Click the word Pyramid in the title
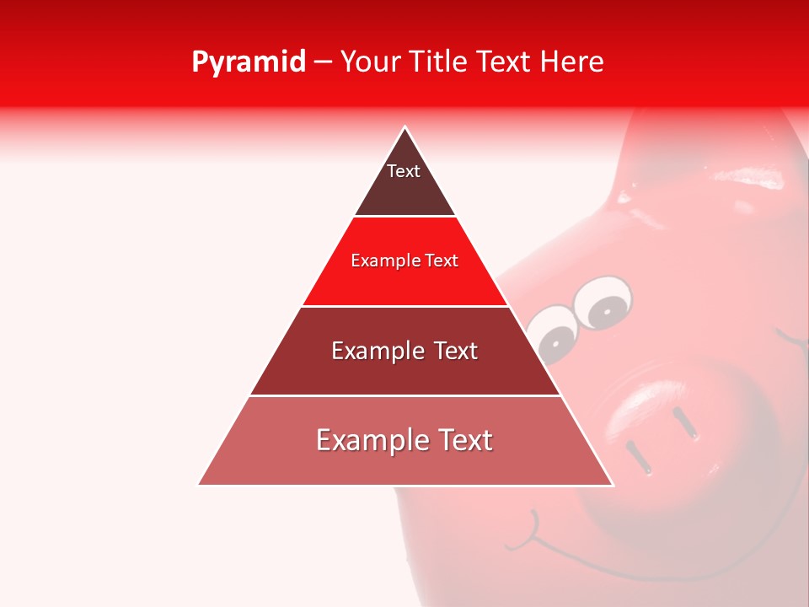(248, 62)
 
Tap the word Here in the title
(571, 62)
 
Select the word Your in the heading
(369, 62)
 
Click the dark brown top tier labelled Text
(404, 181)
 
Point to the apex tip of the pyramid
(405, 128)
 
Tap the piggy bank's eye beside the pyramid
(551, 337)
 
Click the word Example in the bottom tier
(367, 441)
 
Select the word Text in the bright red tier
(442, 261)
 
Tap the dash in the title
(323, 62)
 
